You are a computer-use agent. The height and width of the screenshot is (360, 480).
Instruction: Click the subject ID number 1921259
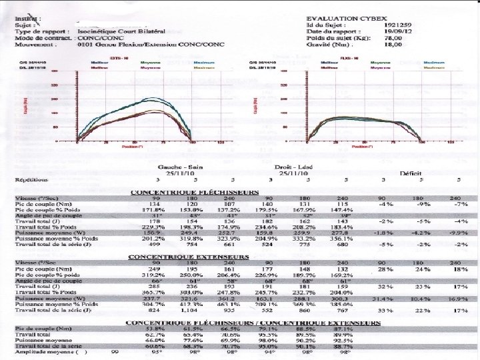coord(397,25)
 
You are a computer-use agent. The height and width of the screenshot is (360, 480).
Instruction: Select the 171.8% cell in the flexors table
coord(153,210)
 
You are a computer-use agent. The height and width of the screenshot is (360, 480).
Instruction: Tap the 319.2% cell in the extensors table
coord(153,274)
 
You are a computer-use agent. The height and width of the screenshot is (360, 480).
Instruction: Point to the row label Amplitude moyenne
coord(40,352)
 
